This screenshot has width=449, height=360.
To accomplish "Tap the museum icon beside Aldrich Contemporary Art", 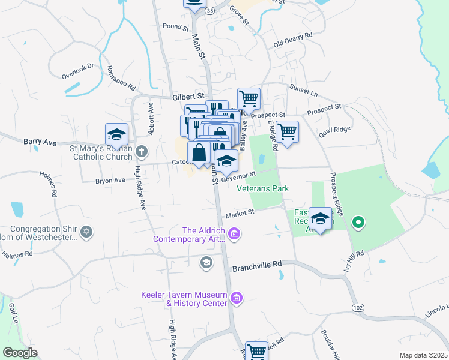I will click(x=235, y=233).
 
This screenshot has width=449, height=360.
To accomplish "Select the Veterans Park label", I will click(x=262, y=188).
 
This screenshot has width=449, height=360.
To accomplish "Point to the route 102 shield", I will click(x=358, y=308).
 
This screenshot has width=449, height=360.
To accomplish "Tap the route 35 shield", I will click(x=209, y=11).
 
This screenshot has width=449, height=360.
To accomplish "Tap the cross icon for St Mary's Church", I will click(x=141, y=151).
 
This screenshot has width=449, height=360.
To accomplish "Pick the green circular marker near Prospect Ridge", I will click(x=358, y=223).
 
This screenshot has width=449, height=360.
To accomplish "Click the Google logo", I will click(x=20, y=352).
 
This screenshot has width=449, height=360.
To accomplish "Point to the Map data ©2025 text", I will click(x=423, y=355).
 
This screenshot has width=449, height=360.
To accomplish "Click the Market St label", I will click(x=240, y=214).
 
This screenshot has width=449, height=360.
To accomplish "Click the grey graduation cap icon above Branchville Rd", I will click(x=206, y=262).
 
